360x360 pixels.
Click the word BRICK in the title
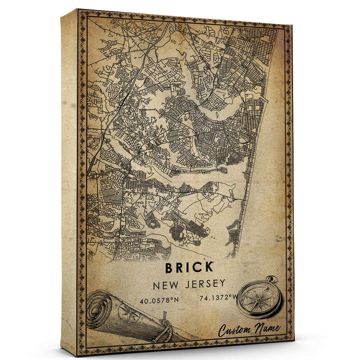[189, 267]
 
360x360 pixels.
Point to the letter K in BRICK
[208, 267]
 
